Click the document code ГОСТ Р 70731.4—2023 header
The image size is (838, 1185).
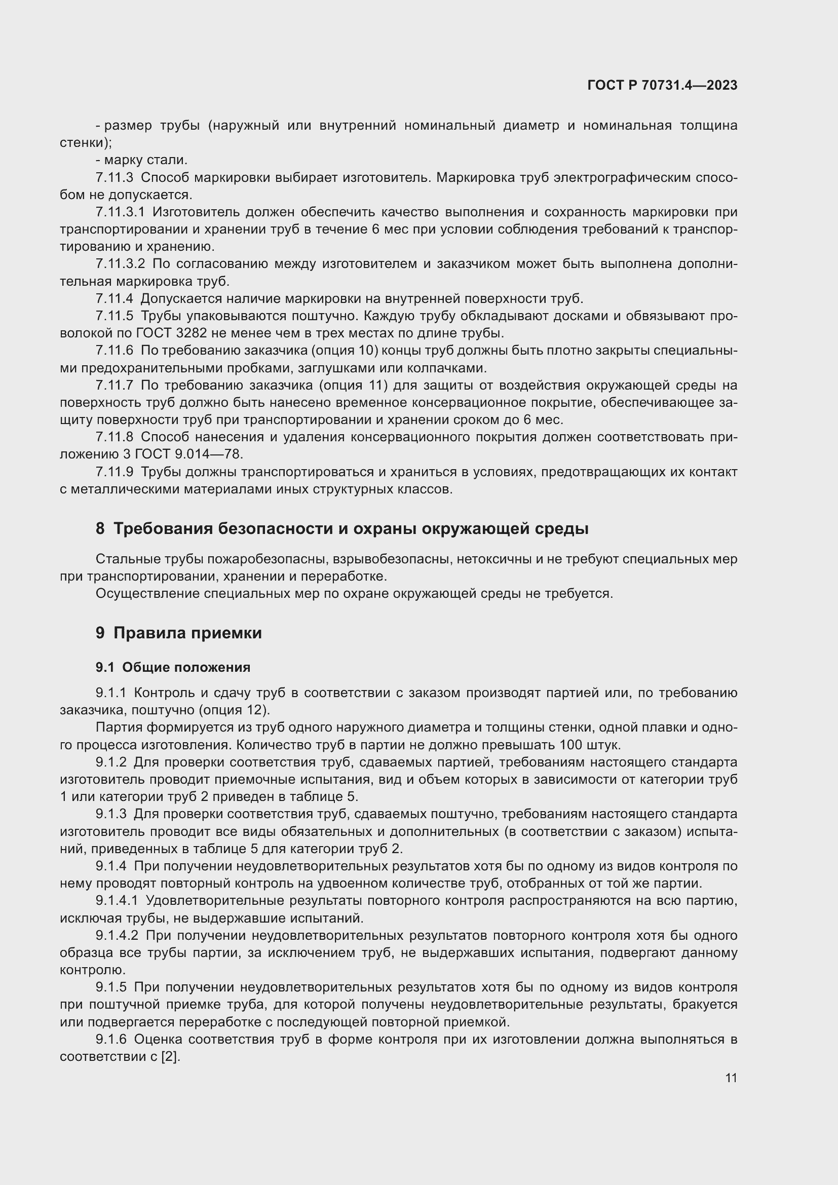click(662, 85)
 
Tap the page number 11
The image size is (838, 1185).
click(731, 1078)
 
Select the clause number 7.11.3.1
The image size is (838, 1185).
click(120, 212)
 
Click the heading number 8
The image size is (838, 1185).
click(100, 529)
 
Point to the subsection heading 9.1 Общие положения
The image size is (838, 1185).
click(173, 667)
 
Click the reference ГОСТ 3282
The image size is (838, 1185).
click(172, 333)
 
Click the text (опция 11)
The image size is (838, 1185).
click(347, 385)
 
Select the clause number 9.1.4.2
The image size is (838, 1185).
click(117, 936)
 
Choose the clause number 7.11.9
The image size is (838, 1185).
click(114, 472)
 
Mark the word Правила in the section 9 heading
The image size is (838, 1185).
click(149, 633)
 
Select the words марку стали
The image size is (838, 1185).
click(145, 160)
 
